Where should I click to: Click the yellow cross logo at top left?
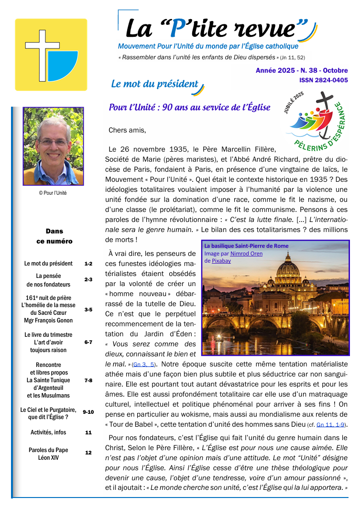click(51, 55)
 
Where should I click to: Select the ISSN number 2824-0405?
click(324, 80)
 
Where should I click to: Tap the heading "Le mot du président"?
click(154, 84)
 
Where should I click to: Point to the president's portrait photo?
click(53, 146)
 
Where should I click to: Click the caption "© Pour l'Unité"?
click(53, 193)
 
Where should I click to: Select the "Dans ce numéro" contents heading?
click(54, 236)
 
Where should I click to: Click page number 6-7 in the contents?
click(88, 342)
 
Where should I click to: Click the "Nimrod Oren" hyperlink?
click(246, 254)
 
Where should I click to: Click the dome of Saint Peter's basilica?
click(288, 266)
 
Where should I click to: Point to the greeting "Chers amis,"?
click(127, 130)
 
